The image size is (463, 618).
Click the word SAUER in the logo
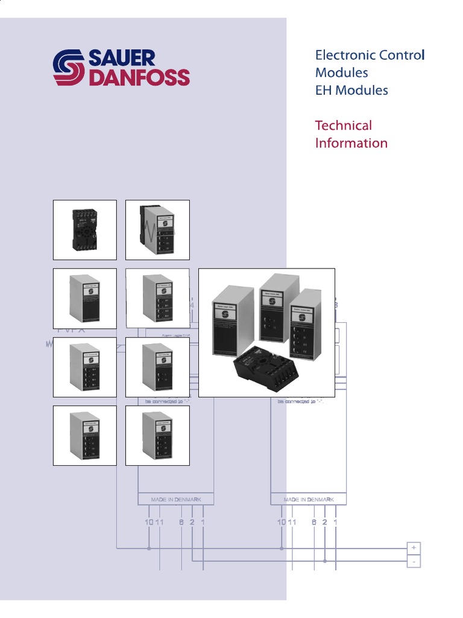122,59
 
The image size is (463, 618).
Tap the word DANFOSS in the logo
139,78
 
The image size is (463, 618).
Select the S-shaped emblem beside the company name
69,68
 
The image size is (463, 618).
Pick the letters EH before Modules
323,91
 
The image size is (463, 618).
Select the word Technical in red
343,126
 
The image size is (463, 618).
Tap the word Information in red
351,143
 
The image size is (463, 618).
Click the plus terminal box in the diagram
414,547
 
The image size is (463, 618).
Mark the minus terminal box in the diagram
414,561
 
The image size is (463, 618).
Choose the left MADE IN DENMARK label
175,500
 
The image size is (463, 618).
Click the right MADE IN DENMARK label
309,500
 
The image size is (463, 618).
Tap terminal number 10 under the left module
149,521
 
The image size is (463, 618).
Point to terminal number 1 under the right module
335,521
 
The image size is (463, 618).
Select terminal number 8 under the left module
181,521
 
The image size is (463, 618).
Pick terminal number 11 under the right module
292,521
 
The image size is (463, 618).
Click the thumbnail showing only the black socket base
85,230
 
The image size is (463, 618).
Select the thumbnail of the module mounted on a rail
157,230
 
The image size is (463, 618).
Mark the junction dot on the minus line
325,561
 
